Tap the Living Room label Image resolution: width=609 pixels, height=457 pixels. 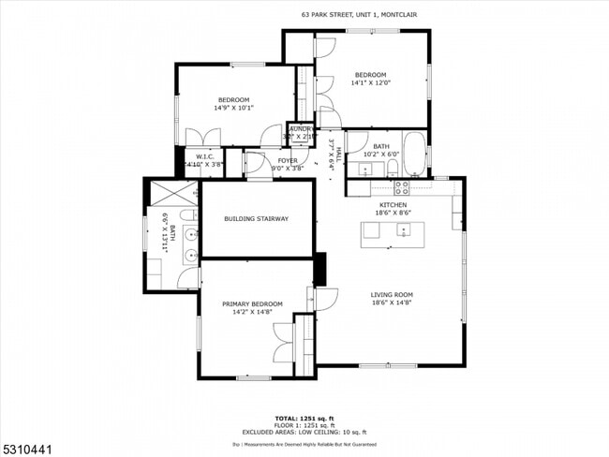(391, 295)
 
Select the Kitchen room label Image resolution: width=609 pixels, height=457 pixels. (393, 204)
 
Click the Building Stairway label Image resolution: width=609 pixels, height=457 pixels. (256, 219)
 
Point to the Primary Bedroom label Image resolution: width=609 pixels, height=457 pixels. (251, 304)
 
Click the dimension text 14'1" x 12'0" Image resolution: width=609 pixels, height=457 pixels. (370, 83)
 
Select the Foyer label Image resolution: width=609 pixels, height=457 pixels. (288, 160)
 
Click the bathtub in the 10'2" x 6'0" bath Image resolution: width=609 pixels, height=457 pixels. (415, 154)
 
